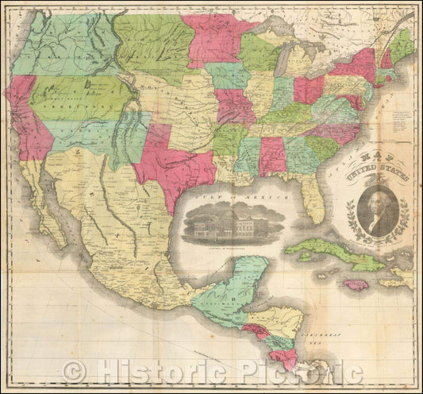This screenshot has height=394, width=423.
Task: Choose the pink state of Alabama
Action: (x=272, y=156)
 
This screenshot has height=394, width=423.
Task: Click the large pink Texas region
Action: (x=179, y=167)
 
